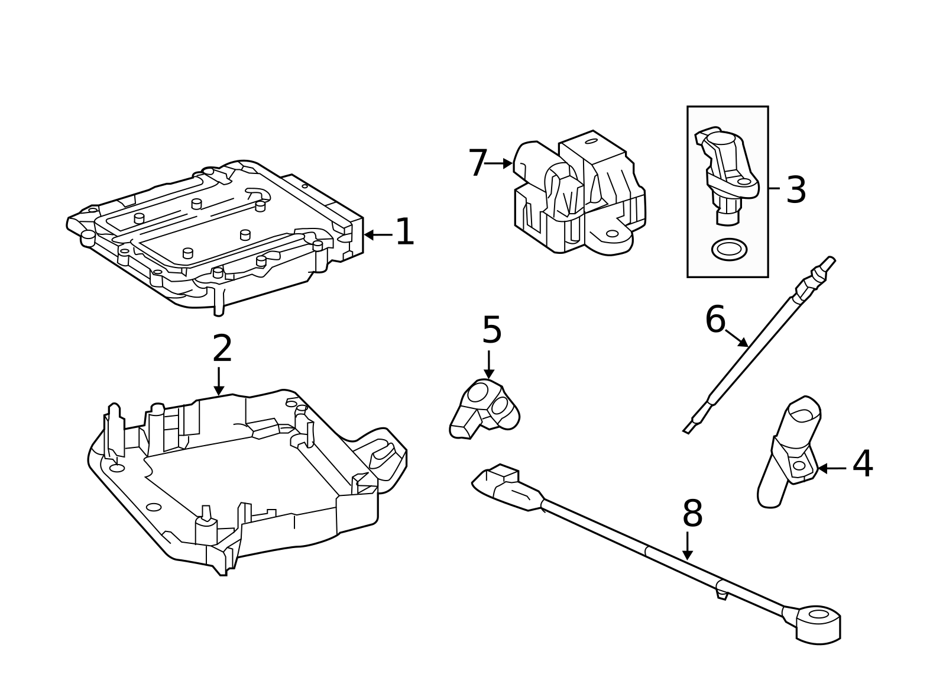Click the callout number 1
pos(404,233)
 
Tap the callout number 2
pos(222,349)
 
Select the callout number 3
pos(796,191)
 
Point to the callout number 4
pos(863,465)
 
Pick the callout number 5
pos(492,330)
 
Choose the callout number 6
pos(715,320)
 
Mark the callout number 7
pos(477,163)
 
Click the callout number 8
pos(692,514)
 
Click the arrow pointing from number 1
pos(377,234)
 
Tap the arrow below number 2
pos(219,381)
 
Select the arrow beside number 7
pos(498,163)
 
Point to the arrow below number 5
pos(489,365)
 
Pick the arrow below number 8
pos(687,546)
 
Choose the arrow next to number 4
pos(831,468)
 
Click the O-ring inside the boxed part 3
pos(728,249)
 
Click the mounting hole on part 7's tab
pos(612,234)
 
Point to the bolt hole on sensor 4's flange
pos(799,466)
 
